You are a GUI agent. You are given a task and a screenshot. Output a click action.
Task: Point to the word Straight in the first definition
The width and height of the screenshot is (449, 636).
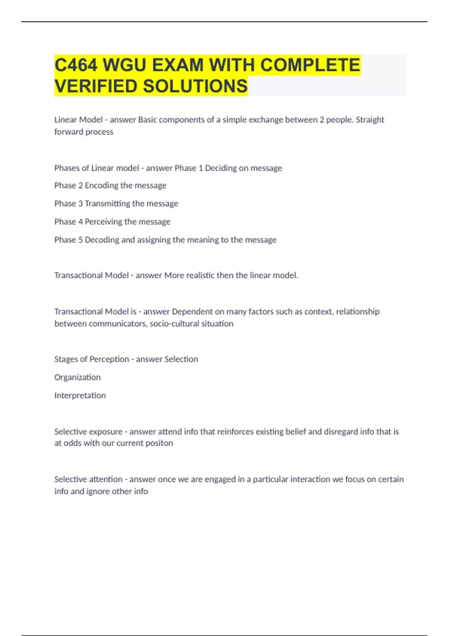tap(370, 120)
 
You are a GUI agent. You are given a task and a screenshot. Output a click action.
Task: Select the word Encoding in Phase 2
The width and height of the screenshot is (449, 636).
tap(101, 186)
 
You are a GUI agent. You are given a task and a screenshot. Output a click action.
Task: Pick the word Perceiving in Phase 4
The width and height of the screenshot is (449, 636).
tap(103, 222)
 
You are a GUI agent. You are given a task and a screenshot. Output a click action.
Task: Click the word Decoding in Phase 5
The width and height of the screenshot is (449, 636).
tap(101, 240)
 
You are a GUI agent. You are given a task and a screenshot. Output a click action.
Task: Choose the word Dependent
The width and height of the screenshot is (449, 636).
tap(192, 312)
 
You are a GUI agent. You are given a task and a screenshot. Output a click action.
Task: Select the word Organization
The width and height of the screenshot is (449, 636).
tap(77, 377)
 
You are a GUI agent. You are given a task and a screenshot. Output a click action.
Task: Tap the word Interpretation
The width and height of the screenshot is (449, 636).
tap(80, 395)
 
